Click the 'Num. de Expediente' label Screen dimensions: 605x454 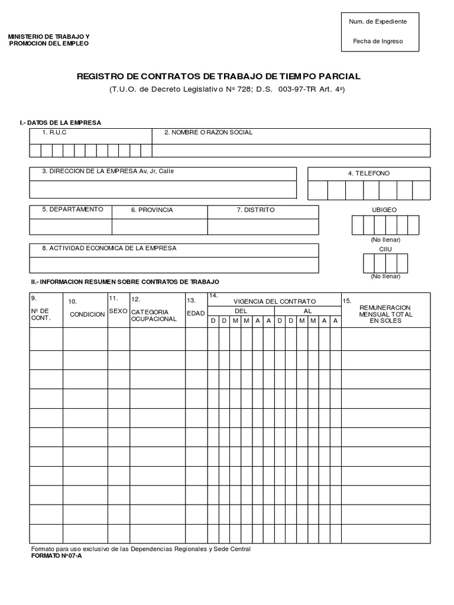click(378, 21)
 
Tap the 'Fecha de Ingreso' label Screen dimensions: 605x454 click(378, 41)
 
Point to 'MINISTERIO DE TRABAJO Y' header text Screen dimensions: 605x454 click(48, 37)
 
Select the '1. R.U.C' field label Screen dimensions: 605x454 click(54, 132)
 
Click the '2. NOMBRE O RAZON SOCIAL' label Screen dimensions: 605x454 click(208, 132)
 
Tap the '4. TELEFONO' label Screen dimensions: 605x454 click(369, 173)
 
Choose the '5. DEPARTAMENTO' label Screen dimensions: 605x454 click(72, 210)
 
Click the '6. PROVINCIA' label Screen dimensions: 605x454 click(152, 210)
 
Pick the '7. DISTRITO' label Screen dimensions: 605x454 click(255, 210)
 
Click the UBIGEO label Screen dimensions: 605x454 click(384, 210)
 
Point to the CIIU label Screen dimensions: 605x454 click(385, 249)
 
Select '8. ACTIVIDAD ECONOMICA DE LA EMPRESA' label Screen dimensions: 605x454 click(109, 248)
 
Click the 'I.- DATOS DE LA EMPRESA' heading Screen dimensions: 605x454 click(60, 122)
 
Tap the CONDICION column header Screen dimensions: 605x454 click(87, 314)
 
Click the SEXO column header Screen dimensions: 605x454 click(118, 311)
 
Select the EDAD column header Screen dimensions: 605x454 click(196, 313)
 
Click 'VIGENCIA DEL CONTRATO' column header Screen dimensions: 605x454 click(274, 301)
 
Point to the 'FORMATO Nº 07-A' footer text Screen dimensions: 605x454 click(57, 556)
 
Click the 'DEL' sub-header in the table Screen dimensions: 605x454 click(241, 311)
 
